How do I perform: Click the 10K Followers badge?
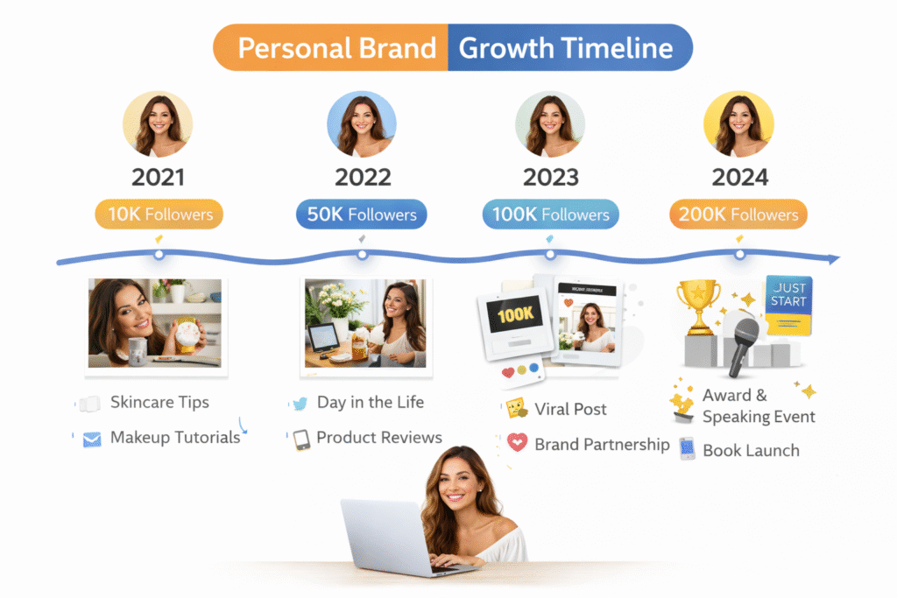pyautogui.click(x=159, y=215)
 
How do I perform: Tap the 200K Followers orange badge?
pyautogui.click(x=738, y=215)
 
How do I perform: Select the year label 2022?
pyautogui.click(x=362, y=177)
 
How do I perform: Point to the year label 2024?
pyautogui.click(x=739, y=177)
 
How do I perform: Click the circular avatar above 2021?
pyautogui.click(x=158, y=124)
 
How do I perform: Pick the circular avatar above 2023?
pyautogui.click(x=550, y=124)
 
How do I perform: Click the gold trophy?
pyautogui.click(x=698, y=306)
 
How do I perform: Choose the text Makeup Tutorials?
pyautogui.click(x=175, y=438)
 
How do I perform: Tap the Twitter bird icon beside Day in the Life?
pyautogui.click(x=300, y=404)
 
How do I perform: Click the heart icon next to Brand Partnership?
pyautogui.click(x=517, y=444)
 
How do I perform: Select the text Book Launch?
pyautogui.click(x=751, y=451)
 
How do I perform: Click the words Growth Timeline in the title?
pyautogui.click(x=566, y=47)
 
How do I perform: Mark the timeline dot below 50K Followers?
pyautogui.click(x=362, y=255)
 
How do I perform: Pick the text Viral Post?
pyautogui.click(x=571, y=409)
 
